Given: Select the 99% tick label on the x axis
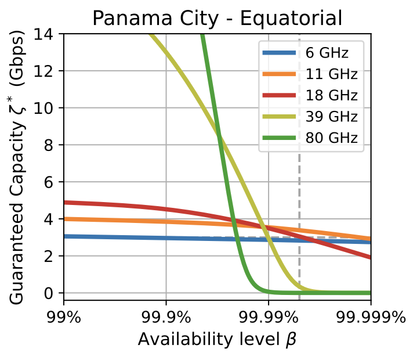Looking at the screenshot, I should tap(63, 317).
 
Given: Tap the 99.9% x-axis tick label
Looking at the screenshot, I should tap(166, 317).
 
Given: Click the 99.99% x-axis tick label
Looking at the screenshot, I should tap(269, 317).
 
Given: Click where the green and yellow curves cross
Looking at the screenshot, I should tap(219, 136).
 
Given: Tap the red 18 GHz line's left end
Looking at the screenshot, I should tap(64, 203).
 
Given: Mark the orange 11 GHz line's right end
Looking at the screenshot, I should tap(370, 239).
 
